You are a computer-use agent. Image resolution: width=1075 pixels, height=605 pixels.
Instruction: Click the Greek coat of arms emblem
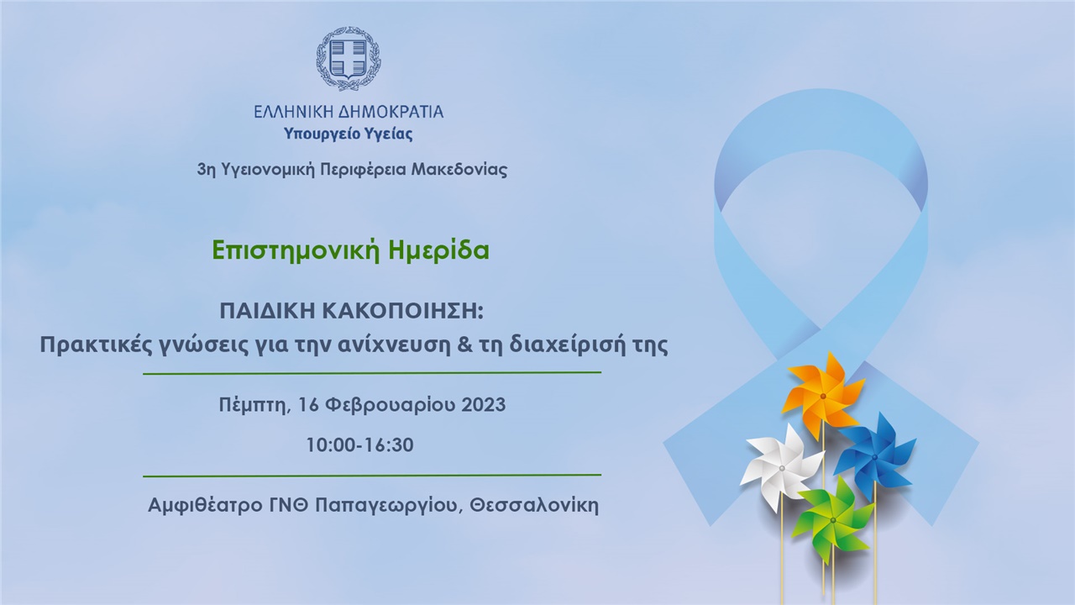[348, 58]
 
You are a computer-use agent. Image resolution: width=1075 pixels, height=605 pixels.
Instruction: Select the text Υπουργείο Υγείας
[348, 134]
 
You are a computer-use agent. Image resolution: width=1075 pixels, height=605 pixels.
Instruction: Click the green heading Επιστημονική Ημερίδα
[350, 250]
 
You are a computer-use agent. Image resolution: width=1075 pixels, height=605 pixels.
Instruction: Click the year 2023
[484, 405]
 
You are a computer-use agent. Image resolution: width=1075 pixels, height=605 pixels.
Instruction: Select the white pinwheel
[781, 467]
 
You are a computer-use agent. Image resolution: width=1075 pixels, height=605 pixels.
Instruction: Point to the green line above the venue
[372, 476]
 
